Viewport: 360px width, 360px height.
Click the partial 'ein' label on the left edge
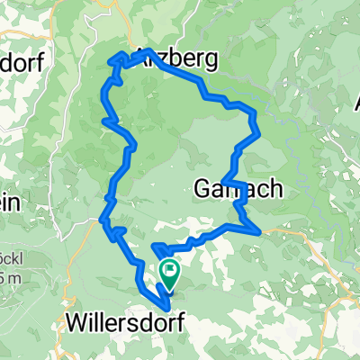point(11,203)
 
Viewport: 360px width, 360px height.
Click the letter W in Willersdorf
point(78,321)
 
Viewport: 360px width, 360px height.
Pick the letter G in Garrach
point(202,189)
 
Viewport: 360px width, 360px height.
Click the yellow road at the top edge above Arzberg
point(121,7)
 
